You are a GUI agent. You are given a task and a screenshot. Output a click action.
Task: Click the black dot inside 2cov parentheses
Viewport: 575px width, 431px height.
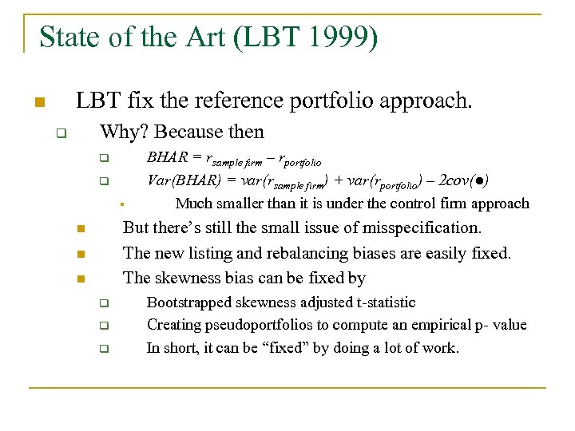click(476, 180)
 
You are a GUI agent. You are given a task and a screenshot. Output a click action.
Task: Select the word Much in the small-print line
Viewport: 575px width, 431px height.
click(192, 204)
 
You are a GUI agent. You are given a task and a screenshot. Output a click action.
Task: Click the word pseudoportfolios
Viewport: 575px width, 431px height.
click(255, 325)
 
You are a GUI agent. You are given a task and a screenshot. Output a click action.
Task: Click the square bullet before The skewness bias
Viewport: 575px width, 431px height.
click(81, 279)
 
